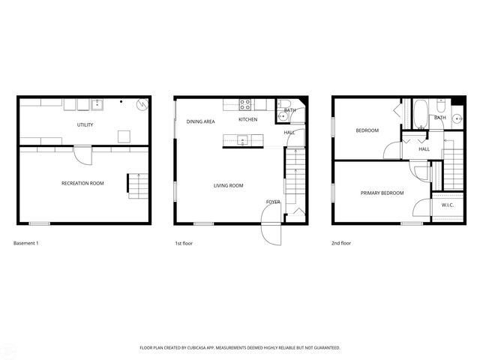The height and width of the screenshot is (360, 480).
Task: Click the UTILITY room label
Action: (85, 124)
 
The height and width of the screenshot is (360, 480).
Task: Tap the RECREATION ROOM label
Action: (82, 183)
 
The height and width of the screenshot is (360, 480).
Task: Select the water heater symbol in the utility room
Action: (141, 106)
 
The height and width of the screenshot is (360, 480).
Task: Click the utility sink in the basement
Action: (96, 104)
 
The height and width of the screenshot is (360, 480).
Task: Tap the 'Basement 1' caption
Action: (26, 243)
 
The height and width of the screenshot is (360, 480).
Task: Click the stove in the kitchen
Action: (245, 104)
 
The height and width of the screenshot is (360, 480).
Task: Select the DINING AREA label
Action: (201, 121)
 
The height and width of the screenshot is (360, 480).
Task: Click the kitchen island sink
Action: (242, 139)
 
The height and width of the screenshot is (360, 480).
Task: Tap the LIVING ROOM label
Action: (228, 185)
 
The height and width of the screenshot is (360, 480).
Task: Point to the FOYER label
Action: (273, 202)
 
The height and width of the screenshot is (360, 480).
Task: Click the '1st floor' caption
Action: (184, 243)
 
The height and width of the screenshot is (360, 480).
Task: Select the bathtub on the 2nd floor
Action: (420, 114)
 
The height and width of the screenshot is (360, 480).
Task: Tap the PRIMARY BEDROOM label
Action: (382, 193)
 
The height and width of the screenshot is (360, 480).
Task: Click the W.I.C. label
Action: (448, 205)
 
